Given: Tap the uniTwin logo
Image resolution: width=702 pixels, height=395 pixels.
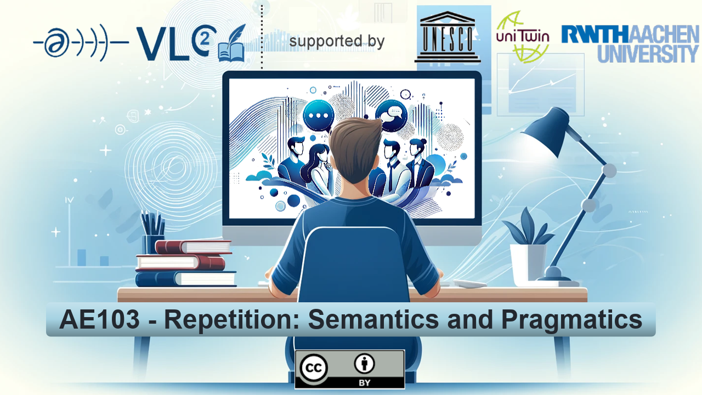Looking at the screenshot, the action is [x=523, y=37].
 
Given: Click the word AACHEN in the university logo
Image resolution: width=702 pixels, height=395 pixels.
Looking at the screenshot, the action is [x=664, y=34].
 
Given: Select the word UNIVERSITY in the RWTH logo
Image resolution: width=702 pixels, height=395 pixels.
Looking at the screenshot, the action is [x=648, y=54].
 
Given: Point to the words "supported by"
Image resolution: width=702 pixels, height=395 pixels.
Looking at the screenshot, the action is [x=337, y=41].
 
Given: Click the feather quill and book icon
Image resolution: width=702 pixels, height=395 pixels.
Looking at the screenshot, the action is [x=232, y=43].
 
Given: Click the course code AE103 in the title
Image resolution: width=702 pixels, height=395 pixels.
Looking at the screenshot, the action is [x=99, y=319].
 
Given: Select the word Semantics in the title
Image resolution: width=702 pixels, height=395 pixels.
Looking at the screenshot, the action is [x=373, y=319].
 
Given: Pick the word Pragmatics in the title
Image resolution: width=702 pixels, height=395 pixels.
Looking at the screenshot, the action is [x=572, y=320].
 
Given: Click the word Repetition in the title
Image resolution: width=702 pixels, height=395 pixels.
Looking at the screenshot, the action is [x=232, y=320].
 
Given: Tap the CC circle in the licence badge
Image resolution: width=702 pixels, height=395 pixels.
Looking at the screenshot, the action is [x=313, y=368].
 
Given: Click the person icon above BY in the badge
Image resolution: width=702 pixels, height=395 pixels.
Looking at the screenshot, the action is [x=364, y=364].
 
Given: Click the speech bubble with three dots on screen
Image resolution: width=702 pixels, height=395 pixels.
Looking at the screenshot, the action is [x=319, y=116].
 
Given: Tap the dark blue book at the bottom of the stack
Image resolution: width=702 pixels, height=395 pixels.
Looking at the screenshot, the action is [x=186, y=279].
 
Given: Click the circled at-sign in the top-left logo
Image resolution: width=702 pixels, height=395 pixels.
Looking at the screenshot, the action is [x=56, y=43].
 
